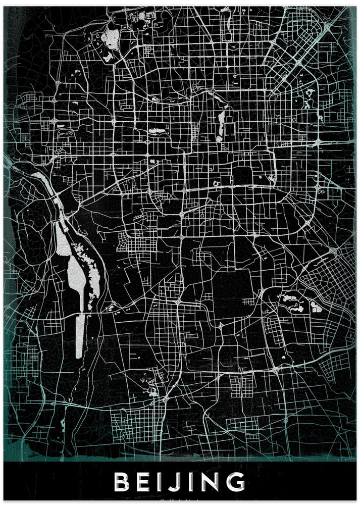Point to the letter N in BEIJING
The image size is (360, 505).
212,481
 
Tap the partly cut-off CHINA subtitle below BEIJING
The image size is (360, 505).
180,500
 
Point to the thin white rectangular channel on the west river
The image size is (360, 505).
79,335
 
